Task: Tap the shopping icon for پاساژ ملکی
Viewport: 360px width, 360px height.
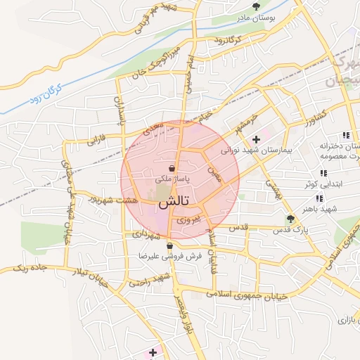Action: [172, 169]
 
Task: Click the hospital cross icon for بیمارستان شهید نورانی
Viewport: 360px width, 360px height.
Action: [256, 139]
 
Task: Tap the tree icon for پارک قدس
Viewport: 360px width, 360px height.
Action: [291, 218]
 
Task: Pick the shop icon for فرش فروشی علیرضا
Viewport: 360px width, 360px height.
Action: [169, 246]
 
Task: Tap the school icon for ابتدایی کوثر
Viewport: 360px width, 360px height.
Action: [323, 173]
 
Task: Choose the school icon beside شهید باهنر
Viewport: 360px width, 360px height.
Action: [321, 198]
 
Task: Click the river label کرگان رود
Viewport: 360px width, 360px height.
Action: [46, 93]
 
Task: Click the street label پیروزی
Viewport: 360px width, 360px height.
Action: [188, 220]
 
